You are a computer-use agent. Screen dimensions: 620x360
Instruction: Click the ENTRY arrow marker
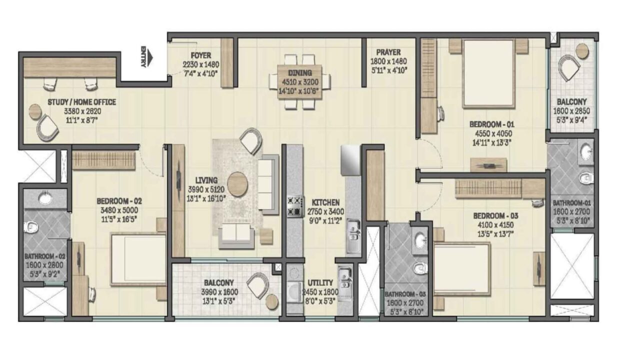tap(149, 56)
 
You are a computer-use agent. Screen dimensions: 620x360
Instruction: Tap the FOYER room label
tap(200, 55)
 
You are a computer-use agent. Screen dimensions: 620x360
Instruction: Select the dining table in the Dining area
tap(300, 81)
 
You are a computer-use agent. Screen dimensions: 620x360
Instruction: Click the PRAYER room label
tap(388, 52)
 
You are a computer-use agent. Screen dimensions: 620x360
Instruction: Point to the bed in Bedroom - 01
tap(488, 73)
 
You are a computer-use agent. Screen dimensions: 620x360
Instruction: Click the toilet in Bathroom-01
tap(586, 178)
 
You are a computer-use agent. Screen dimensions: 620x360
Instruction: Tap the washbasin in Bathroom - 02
tap(45, 198)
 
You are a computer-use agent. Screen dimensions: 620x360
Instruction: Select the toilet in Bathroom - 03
tap(420, 268)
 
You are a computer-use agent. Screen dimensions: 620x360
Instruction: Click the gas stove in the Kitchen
tap(295, 206)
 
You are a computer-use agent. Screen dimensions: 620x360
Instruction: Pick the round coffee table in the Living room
tap(237, 184)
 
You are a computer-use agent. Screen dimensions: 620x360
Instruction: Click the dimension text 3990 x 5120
tap(206, 189)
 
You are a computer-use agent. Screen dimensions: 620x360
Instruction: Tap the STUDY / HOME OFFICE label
tap(82, 102)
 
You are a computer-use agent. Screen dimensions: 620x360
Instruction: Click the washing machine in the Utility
tap(294, 292)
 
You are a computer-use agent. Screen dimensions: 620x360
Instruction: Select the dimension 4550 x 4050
tap(493, 133)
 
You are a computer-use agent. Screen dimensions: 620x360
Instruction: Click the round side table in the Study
tap(35, 112)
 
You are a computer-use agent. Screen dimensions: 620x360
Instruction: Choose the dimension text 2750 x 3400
tap(325, 211)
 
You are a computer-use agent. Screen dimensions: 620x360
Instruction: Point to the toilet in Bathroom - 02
tap(30, 227)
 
